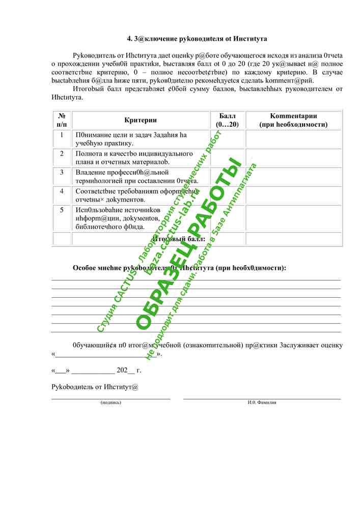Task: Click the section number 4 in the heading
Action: pyautogui.click(x=129, y=39)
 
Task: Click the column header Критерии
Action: pyautogui.click(x=141, y=120)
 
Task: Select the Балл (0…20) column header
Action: pyautogui.click(x=227, y=120)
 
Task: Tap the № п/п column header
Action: pyautogui.click(x=62, y=120)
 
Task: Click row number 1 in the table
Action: pyautogui.click(x=62, y=135)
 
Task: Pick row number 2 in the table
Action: pyautogui.click(x=62, y=153)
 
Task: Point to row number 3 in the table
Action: pyautogui.click(x=62, y=172)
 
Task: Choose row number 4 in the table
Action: pyautogui.click(x=62, y=191)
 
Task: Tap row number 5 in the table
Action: pyautogui.click(x=62, y=210)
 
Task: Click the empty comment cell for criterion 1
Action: pyautogui.click(x=294, y=138)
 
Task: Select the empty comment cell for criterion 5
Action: pyautogui.click(x=294, y=218)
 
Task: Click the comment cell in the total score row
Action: pyautogui.click(x=294, y=238)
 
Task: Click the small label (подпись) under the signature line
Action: pyautogui.click(x=110, y=402)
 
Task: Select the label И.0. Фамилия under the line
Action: pyautogui.click(x=262, y=402)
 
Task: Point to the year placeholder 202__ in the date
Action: pyautogui.click(x=125, y=370)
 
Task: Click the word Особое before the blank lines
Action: pyautogui.click(x=85, y=268)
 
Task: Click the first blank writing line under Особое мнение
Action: pyautogui.click(x=196, y=279)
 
